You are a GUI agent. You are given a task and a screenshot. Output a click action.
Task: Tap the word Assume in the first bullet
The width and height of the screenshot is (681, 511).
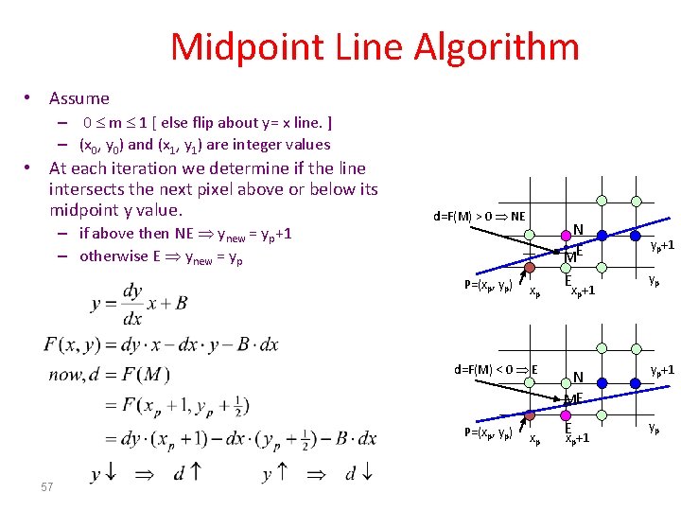coord(79,98)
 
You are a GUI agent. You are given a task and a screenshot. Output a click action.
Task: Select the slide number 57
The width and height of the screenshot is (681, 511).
coord(46,486)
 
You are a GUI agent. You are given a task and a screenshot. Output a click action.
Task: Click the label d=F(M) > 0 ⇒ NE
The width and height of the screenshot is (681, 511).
coord(480,216)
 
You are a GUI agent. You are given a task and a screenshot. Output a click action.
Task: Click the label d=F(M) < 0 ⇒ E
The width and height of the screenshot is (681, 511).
coord(496,369)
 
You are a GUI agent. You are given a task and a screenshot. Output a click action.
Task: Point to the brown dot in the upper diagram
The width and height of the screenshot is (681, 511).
coord(532,269)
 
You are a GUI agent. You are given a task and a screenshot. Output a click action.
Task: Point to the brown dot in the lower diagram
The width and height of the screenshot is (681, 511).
coord(530,414)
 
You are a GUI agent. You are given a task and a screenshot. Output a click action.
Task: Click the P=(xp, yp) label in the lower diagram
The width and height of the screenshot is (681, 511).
coord(488,432)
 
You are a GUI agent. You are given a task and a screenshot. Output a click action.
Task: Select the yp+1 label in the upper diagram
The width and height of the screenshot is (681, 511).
coord(661,245)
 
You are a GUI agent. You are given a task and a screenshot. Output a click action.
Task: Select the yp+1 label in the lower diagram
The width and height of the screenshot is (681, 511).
coord(661,369)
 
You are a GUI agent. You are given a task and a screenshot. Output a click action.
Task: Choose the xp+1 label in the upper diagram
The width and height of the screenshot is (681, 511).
coord(581,291)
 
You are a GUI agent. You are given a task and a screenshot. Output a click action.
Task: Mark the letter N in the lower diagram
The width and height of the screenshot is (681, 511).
coord(577,377)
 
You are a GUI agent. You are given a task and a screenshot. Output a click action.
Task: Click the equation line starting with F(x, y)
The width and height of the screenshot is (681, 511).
coord(161,344)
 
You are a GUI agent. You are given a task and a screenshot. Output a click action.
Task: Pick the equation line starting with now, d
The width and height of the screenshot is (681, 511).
coord(109,375)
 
